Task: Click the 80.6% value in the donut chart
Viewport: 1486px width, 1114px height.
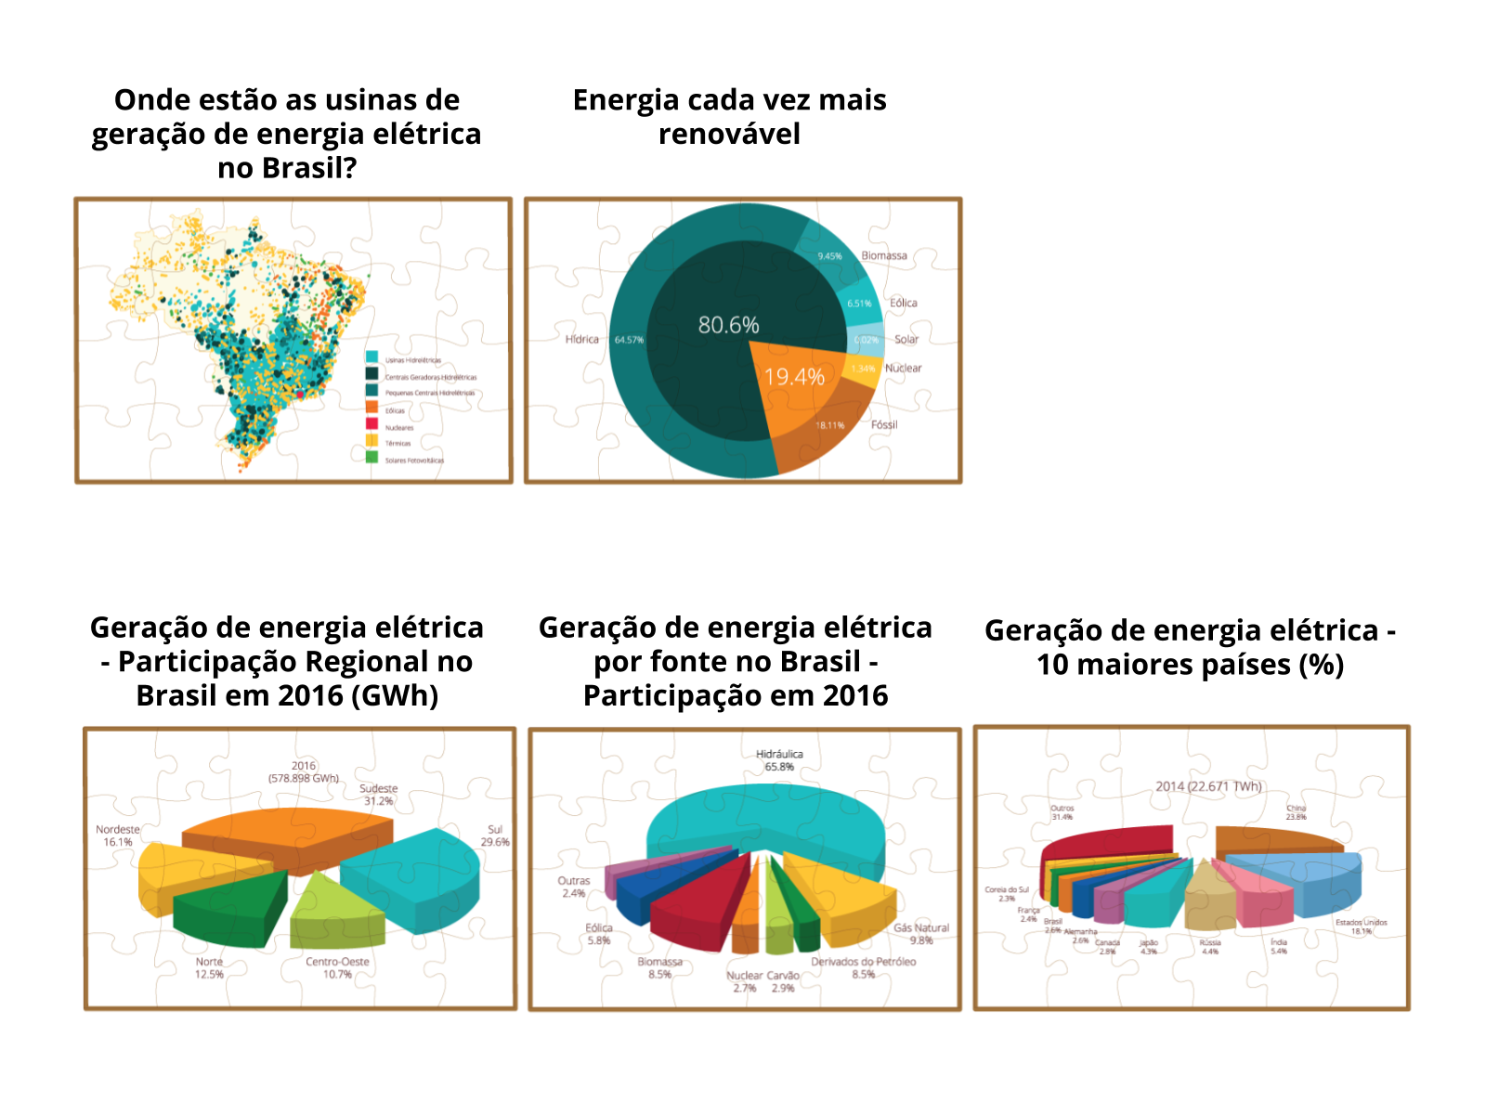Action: pos(728,325)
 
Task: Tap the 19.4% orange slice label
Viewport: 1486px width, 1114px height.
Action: pos(794,377)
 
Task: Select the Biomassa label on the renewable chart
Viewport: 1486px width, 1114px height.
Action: pos(884,255)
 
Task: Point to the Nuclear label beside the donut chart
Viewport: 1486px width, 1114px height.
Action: pos(903,369)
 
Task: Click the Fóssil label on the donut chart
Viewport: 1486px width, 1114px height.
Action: pos(884,425)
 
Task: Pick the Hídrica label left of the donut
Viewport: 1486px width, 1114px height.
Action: pos(582,339)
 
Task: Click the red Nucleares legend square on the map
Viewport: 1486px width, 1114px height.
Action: pos(371,424)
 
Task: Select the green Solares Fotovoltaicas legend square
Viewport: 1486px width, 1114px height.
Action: pos(371,457)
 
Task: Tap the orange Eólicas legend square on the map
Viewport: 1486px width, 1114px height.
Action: pos(371,408)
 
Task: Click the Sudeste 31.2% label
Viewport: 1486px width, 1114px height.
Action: pos(378,795)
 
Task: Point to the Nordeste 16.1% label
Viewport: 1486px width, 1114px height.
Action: pos(118,835)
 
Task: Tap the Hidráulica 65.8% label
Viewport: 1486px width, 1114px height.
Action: pos(779,760)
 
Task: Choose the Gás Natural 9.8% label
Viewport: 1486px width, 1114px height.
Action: pos(921,934)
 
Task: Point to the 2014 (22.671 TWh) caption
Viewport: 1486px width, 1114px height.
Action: pos(1208,786)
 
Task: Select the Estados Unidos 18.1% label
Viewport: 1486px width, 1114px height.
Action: pos(1362,926)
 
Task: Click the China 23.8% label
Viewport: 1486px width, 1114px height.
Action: pos(1296,812)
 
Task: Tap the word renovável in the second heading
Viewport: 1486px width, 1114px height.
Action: pos(729,134)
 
